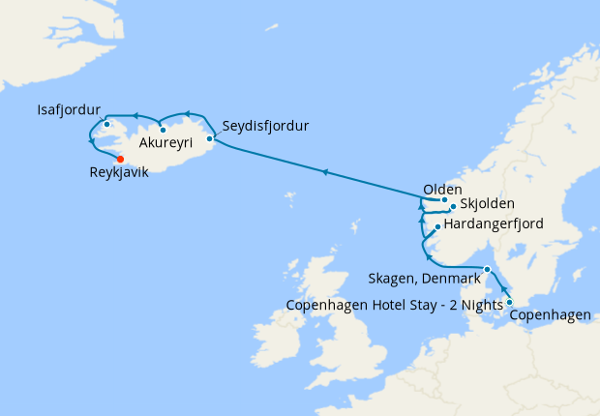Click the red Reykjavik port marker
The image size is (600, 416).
120,160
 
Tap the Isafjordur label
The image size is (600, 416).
68,108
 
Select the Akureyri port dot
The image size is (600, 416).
163,130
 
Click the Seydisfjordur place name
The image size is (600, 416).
265,127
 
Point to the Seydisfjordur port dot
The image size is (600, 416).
210,138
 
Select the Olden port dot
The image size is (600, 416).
445,200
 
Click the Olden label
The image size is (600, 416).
443,189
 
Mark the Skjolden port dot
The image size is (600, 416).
453,207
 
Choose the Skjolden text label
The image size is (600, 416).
488,205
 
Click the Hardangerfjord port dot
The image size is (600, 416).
438,227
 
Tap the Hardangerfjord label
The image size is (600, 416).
493,224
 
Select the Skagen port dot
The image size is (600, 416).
488,270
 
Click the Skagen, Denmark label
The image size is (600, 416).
425,279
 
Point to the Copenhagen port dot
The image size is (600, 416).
509,303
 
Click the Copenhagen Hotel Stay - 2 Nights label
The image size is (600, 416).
396,306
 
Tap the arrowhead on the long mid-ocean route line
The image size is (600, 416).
326,172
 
